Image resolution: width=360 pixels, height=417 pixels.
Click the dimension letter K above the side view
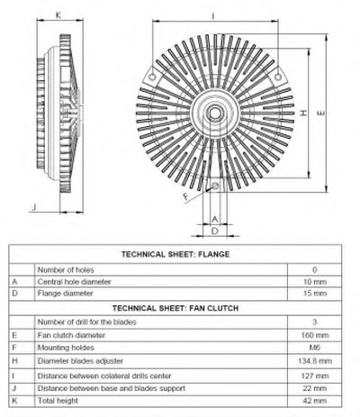click(58, 15)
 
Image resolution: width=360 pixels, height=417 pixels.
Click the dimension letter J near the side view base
click(34, 207)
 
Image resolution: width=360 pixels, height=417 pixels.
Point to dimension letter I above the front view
click(213, 15)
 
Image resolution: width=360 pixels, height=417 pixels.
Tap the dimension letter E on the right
click(320, 113)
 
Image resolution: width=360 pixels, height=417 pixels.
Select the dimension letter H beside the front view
click(303, 113)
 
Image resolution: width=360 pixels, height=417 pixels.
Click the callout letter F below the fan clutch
click(186, 196)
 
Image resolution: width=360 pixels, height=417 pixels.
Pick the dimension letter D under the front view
click(215, 231)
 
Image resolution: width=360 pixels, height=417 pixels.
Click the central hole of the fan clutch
click(214, 113)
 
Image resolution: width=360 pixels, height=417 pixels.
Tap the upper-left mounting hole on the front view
click(152, 77)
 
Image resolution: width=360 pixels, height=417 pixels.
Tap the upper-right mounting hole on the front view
click(278, 77)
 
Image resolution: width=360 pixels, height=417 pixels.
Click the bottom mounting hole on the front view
click(215, 186)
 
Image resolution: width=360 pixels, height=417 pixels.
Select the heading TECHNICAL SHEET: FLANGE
click(175, 254)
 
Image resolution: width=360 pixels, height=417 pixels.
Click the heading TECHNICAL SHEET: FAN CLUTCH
click(175, 308)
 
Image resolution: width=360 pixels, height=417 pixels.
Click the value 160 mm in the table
click(315, 335)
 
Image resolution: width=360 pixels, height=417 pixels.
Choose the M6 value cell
click(315, 348)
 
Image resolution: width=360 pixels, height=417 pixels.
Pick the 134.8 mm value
click(315, 360)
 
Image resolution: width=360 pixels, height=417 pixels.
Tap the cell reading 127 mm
click(315, 376)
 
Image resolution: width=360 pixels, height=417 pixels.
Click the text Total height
click(58, 401)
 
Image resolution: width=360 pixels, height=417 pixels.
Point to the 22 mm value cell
click(315, 388)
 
